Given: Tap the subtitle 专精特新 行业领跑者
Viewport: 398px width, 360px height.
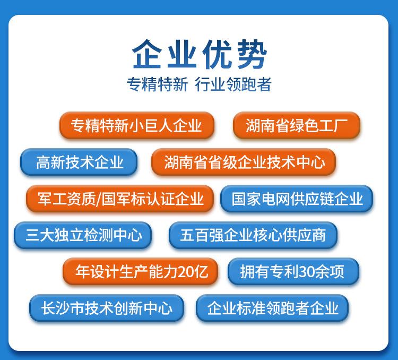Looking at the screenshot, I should click(x=199, y=84).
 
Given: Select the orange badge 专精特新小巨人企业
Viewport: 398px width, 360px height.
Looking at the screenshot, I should click(x=136, y=126).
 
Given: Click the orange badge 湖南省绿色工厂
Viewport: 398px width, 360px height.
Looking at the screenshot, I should click(x=297, y=126).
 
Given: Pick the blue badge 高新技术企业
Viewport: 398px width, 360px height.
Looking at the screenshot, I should click(x=79, y=162).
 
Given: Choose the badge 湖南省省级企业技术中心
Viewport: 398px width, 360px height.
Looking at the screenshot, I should click(x=244, y=162).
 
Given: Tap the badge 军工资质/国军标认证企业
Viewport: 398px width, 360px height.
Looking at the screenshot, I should click(x=120, y=199).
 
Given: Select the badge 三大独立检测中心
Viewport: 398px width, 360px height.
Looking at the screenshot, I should click(x=83, y=235).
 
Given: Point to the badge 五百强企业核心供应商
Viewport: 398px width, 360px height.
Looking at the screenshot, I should click(x=253, y=235).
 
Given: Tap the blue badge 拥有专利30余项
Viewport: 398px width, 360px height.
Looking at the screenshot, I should click(x=292, y=272).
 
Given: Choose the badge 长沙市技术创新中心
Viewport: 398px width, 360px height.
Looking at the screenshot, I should click(x=107, y=308).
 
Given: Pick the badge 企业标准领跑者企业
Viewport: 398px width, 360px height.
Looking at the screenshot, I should click(x=272, y=308).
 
